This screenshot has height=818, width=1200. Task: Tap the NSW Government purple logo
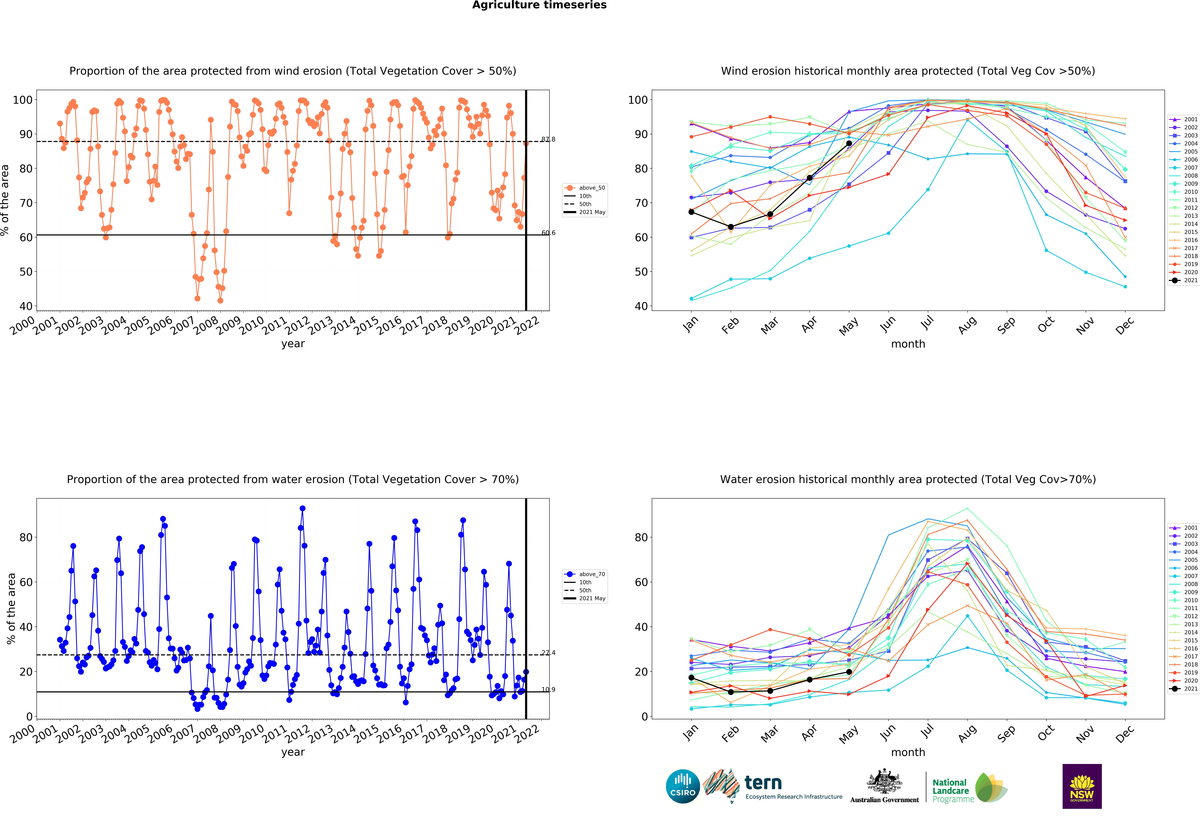click(1082, 786)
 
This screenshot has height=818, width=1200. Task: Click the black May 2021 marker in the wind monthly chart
click(849, 143)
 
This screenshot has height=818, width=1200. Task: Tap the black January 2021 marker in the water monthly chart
click(691, 678)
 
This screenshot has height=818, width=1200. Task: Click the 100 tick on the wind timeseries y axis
click(22, 100)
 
